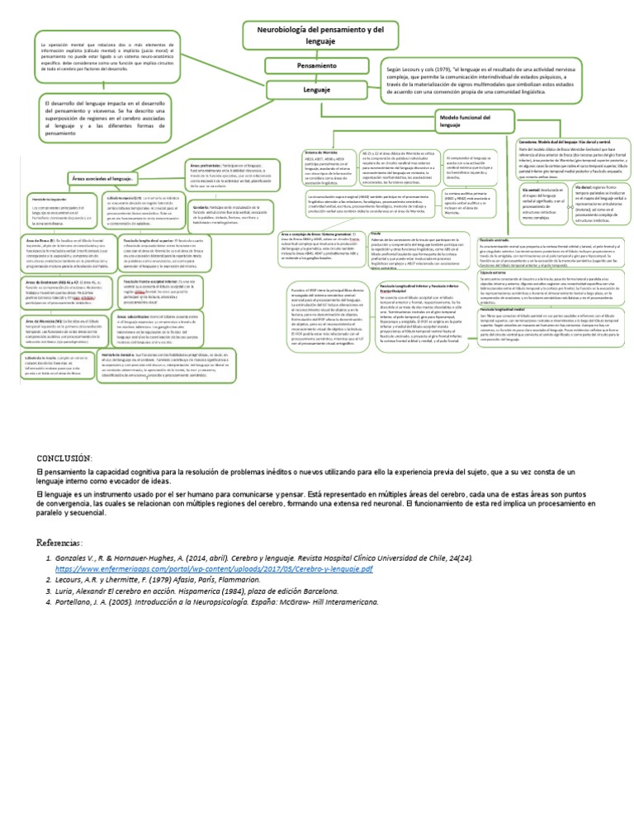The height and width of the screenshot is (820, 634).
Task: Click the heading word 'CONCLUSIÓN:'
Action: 69,458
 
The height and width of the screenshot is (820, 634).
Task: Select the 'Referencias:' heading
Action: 71,542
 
